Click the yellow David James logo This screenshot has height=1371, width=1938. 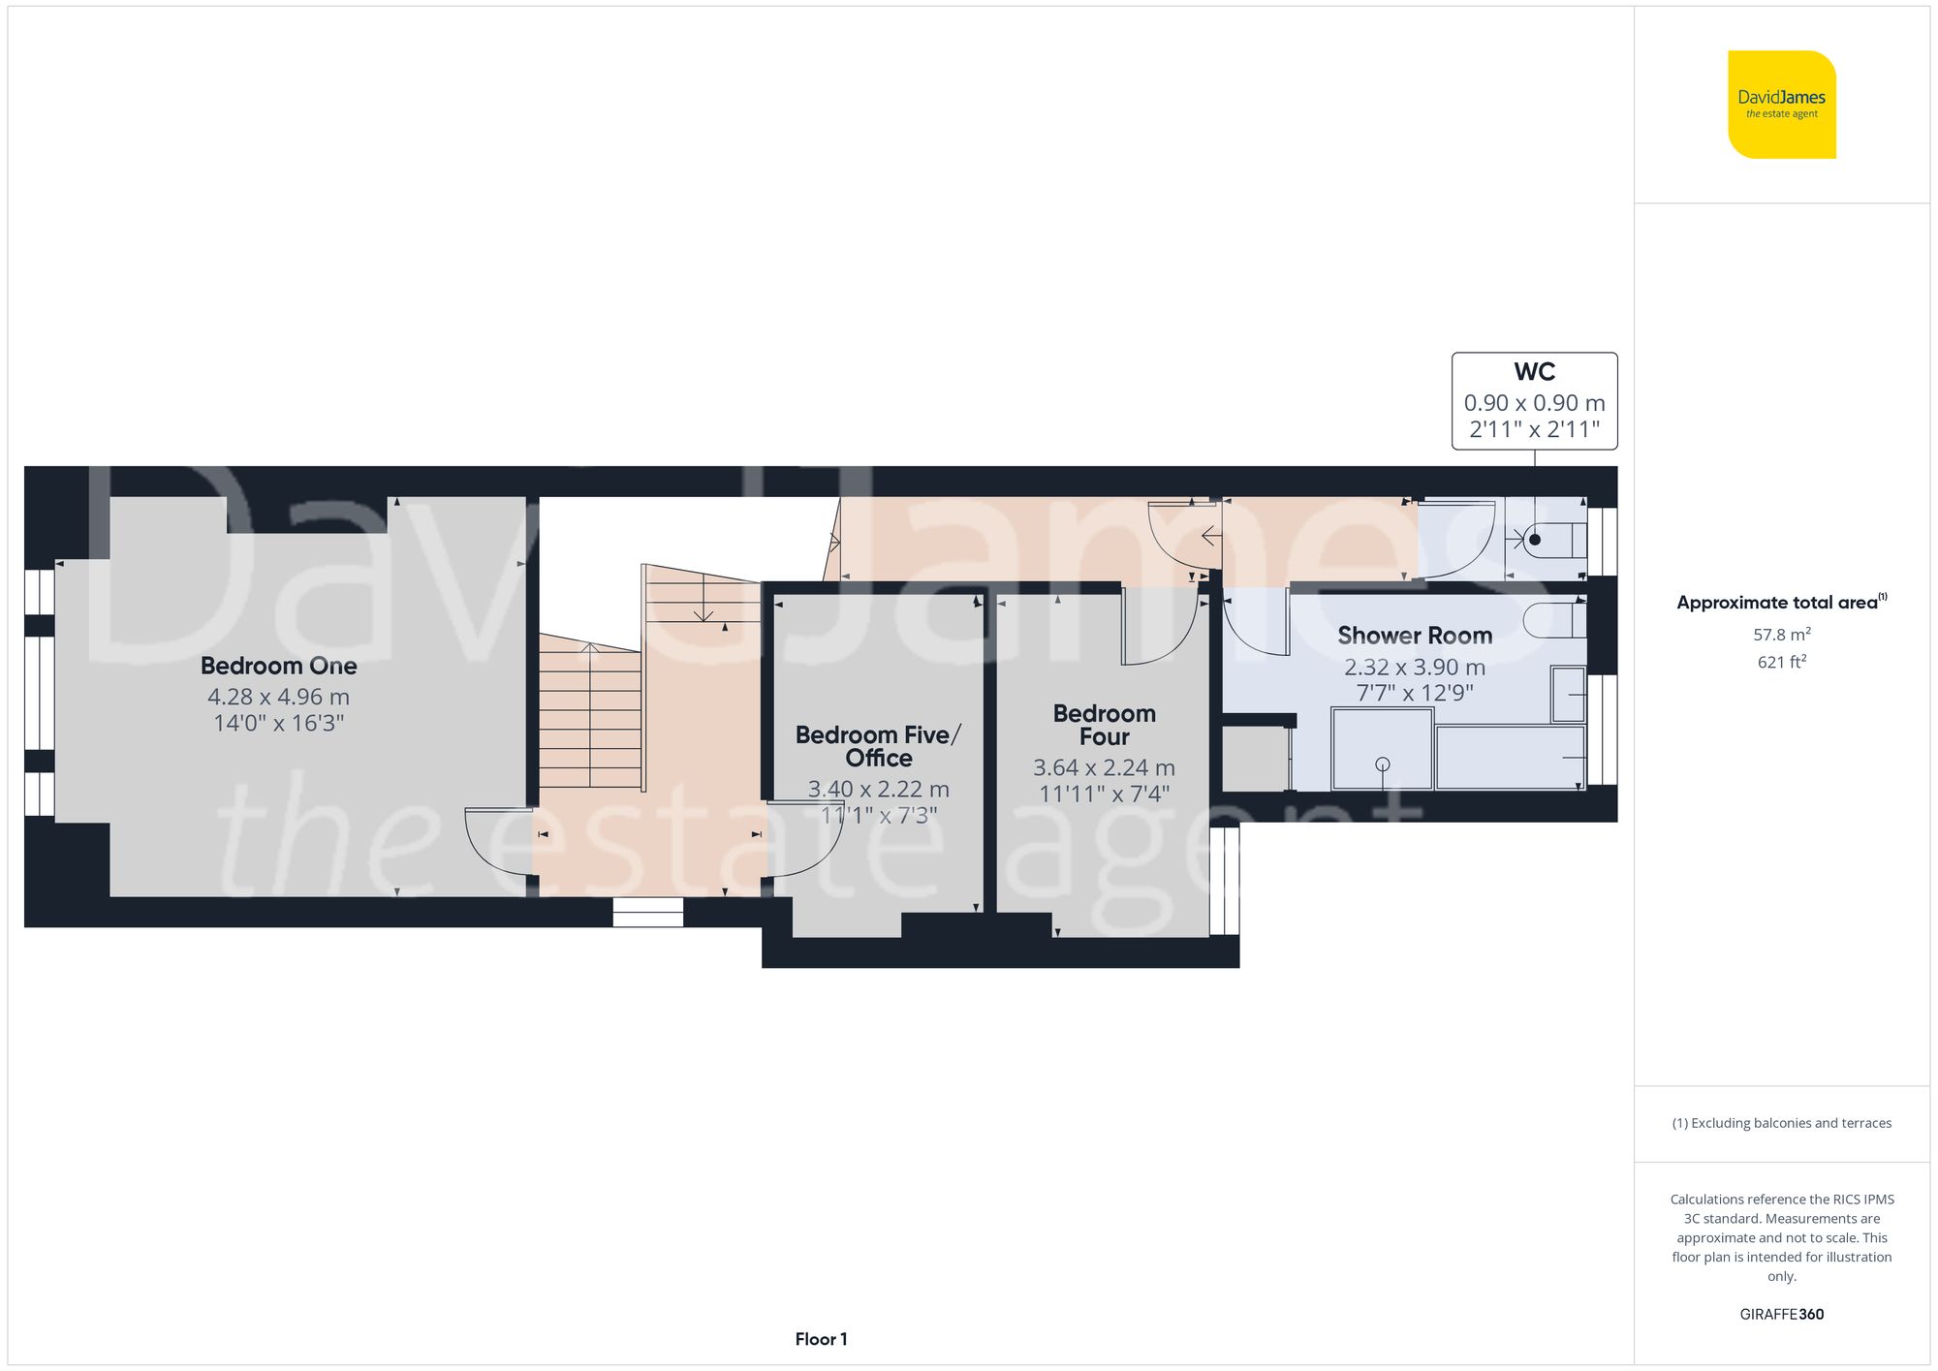(x=1781, y=105)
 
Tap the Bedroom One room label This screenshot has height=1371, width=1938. (x=279, y=666)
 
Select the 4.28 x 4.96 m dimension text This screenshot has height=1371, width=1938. (x=279, y=697)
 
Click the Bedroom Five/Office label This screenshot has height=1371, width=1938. (x=878, y=746)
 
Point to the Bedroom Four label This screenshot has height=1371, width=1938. (x=1104, y=725)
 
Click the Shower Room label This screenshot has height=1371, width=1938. (x=1415, y=636)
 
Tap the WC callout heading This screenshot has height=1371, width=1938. (x=1534, y=372)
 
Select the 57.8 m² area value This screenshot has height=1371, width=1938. (x=1781, y=635)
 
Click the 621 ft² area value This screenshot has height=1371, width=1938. (x=1781, y=662)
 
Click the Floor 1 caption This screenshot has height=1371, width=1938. (x=821, y=1339)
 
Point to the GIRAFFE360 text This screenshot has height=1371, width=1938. (x=1781, y=1314)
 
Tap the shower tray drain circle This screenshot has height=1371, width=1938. (x=1383, y=764)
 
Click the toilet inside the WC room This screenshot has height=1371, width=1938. (x=1553, y=540)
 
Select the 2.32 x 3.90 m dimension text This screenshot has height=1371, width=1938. (x=1415, y=668)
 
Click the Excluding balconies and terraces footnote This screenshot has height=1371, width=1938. (x=1781, y=1123)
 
